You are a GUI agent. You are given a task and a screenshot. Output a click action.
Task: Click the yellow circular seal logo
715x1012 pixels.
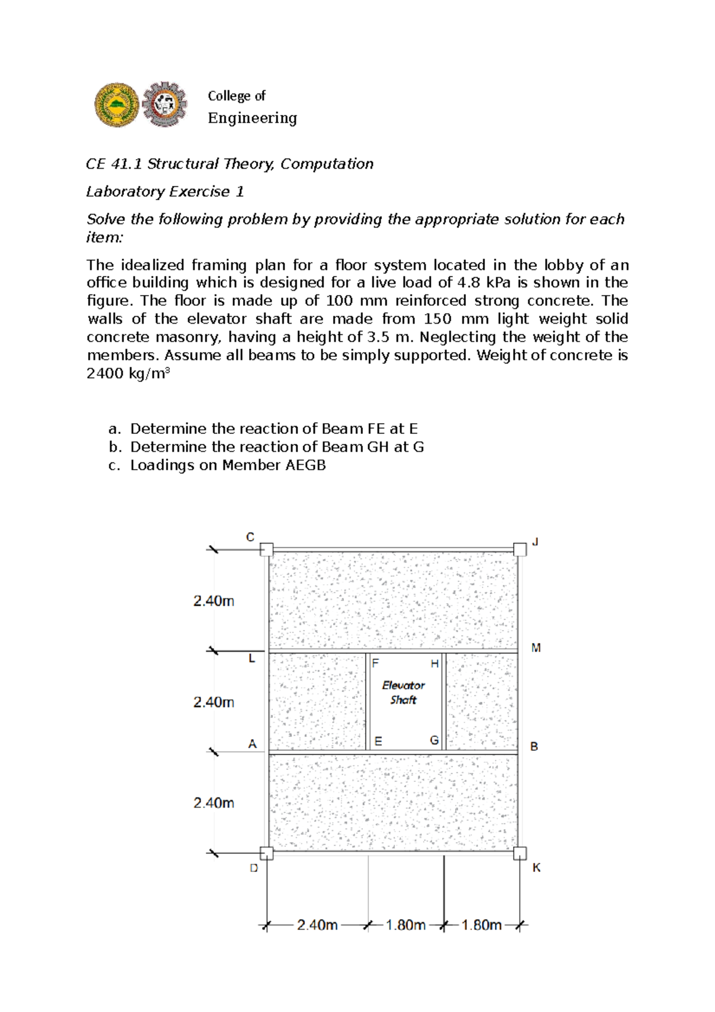click(117, 105)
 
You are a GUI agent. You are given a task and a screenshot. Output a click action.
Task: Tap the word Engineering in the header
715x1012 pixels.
click(252, 118)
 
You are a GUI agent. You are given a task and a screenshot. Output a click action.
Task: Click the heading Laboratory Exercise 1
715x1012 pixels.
click(165, 192)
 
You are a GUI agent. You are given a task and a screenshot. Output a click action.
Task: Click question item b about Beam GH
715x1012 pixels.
click(276, 447)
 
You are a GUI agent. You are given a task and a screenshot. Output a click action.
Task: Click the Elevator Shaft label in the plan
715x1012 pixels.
click(403, 693)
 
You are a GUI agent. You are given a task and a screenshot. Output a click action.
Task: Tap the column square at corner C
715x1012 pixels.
click(266, 549)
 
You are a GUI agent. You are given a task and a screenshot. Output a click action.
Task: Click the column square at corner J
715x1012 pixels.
click(520, 549)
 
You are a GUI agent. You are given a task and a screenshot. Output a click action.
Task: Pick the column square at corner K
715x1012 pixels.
click(520, 853)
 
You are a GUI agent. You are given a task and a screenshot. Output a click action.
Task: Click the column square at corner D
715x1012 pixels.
click(266, 853)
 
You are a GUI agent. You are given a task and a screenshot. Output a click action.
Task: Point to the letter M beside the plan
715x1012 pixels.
click(536, 648)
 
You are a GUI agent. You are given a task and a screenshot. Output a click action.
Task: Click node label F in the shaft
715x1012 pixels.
click(375, 663)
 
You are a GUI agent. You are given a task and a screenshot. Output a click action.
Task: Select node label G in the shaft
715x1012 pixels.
click(434, 740)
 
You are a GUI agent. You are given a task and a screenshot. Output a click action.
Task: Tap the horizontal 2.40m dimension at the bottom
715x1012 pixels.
click(317, 925)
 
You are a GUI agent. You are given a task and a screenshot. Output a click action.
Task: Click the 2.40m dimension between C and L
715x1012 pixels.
click(213, 601)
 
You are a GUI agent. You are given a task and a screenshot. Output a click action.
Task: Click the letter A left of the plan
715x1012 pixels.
click(252, 744)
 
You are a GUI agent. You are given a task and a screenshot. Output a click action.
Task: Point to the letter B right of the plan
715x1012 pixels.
click(534, 746)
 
